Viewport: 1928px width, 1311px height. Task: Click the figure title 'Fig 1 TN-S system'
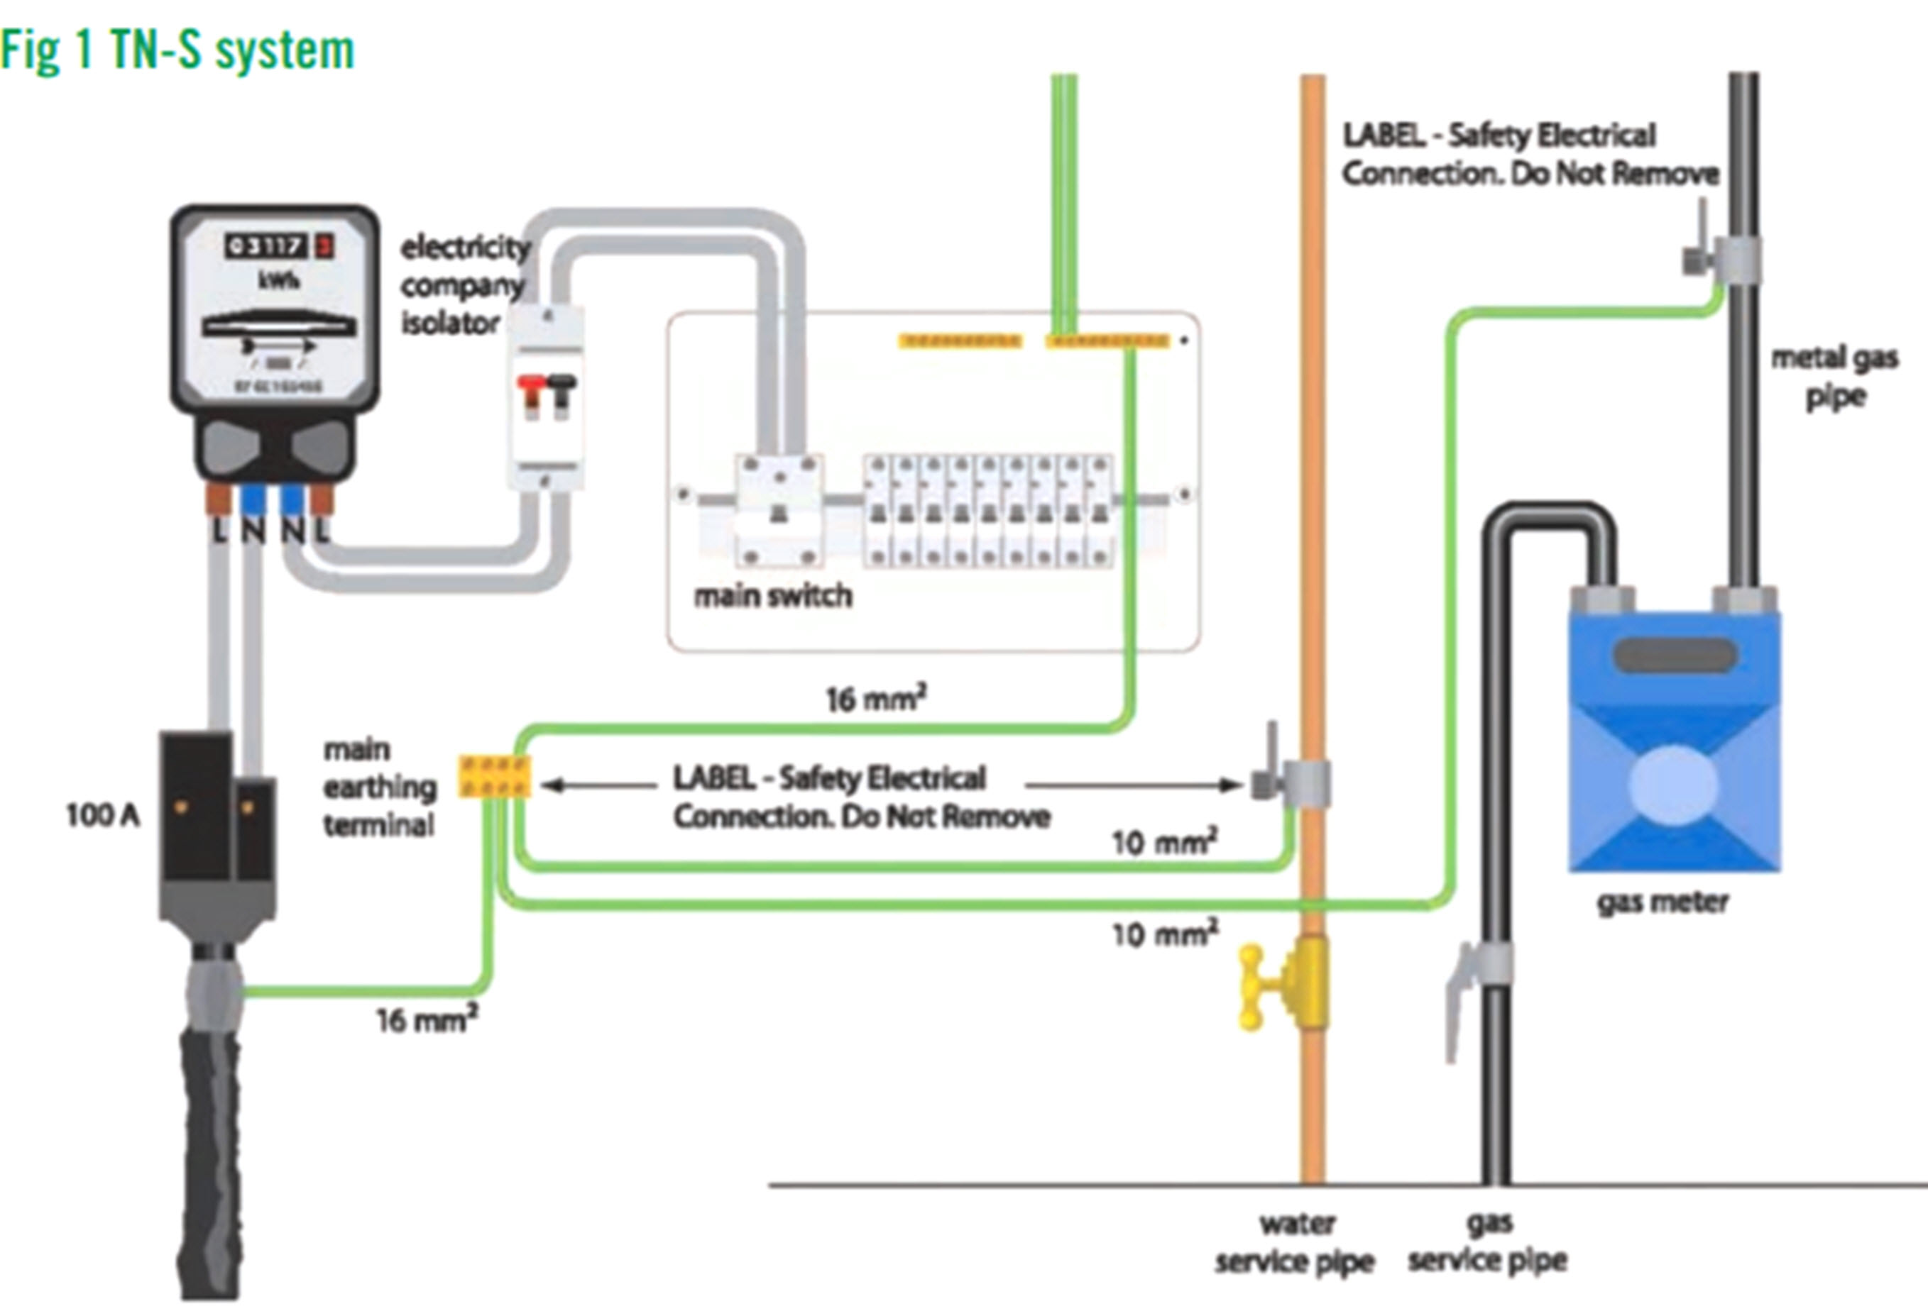pos(177,50)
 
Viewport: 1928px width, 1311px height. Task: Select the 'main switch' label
pos(772,595)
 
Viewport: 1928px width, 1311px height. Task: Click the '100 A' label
pos(102,815)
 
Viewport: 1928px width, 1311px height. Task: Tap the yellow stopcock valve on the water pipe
pos(1282,986)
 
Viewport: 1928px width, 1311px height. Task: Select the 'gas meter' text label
pos(1663,902)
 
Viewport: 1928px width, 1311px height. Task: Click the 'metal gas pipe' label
pos(1834,377)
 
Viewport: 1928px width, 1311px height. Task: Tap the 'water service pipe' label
pos(1295,1243)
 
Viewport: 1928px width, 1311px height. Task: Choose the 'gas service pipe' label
pos(1487,1241)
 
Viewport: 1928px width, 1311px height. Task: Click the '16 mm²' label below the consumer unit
pos(875,699)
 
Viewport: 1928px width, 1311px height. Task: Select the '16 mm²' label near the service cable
pos(427,1020)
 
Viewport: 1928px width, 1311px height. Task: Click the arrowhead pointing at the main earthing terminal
pos(549,785)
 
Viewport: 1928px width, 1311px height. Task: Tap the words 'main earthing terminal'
pos(379,787)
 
